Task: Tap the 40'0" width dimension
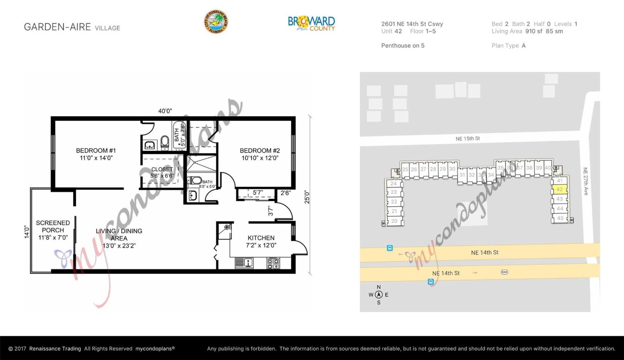tap(165, 111)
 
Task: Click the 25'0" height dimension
tap(307, 196)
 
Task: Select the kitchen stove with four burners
tap(273, 263)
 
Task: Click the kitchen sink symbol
tap(244, 263)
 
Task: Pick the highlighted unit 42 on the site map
tap(559, 190)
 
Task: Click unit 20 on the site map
tap(394, 221)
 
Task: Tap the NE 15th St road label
tap(467, 139)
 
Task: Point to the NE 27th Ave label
tap(585, 181)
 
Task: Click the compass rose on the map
tap(379, 295)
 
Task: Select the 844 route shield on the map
tap(504, 272)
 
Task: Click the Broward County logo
tap(311, 23)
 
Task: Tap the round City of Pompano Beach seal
tap(216, 22)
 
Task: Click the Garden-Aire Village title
tap(72, 27)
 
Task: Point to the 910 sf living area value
tap(534, 31)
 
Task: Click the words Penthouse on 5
tap(403, 45)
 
